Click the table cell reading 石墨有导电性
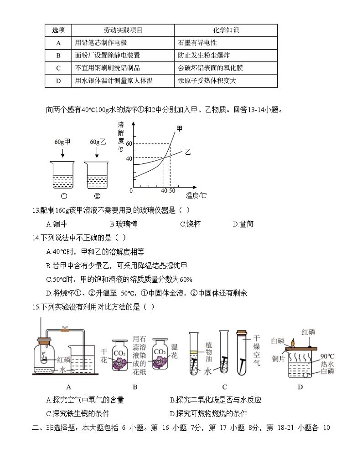198,43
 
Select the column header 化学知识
226,31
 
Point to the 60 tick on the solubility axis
129,144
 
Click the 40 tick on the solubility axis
129,158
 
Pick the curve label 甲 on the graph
179,129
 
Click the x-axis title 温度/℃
196,196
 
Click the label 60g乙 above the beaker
98,142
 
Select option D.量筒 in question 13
243,224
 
